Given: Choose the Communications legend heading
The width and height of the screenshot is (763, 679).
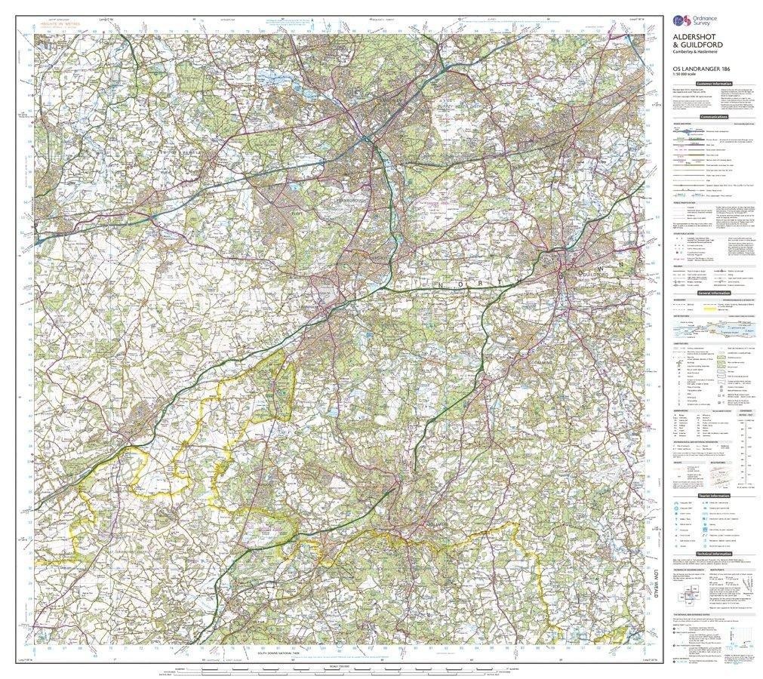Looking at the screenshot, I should [x=713, y=118].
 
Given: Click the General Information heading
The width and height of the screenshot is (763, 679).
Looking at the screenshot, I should [x=713, y=293].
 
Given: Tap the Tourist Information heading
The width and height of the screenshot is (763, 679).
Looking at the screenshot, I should [x=713, y=496].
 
